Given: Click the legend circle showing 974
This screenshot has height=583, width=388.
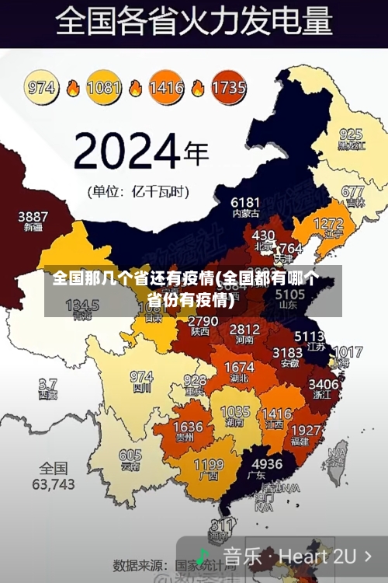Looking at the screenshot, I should (x=42, y=87).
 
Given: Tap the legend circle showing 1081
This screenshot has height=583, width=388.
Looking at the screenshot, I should (x=103, y=87).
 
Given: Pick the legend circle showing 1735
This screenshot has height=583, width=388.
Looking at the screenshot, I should (x=228, y=87).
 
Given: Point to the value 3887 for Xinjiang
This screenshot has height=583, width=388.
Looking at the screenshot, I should (x=33, y=216).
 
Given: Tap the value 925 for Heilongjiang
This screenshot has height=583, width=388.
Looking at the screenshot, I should (x=351, y=134).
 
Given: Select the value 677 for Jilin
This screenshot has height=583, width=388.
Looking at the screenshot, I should (x=353, y=191).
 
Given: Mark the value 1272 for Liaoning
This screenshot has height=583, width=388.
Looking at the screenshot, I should (x=327, y=224).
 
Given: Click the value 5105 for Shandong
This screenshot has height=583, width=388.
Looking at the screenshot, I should (x=290, y=295).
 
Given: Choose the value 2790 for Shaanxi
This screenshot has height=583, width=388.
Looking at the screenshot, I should (x=203, y=320).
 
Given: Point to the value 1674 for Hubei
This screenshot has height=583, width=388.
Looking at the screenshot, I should (x=239, y=367).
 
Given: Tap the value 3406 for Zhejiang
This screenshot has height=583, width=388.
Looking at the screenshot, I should (x=324, y=383).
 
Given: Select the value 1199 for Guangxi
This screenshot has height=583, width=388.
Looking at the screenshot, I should (x=208, y=466).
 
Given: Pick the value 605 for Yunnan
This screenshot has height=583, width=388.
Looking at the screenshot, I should (x=130, y=456).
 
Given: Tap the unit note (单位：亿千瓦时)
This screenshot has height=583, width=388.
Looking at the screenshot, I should (x=137, y=190).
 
